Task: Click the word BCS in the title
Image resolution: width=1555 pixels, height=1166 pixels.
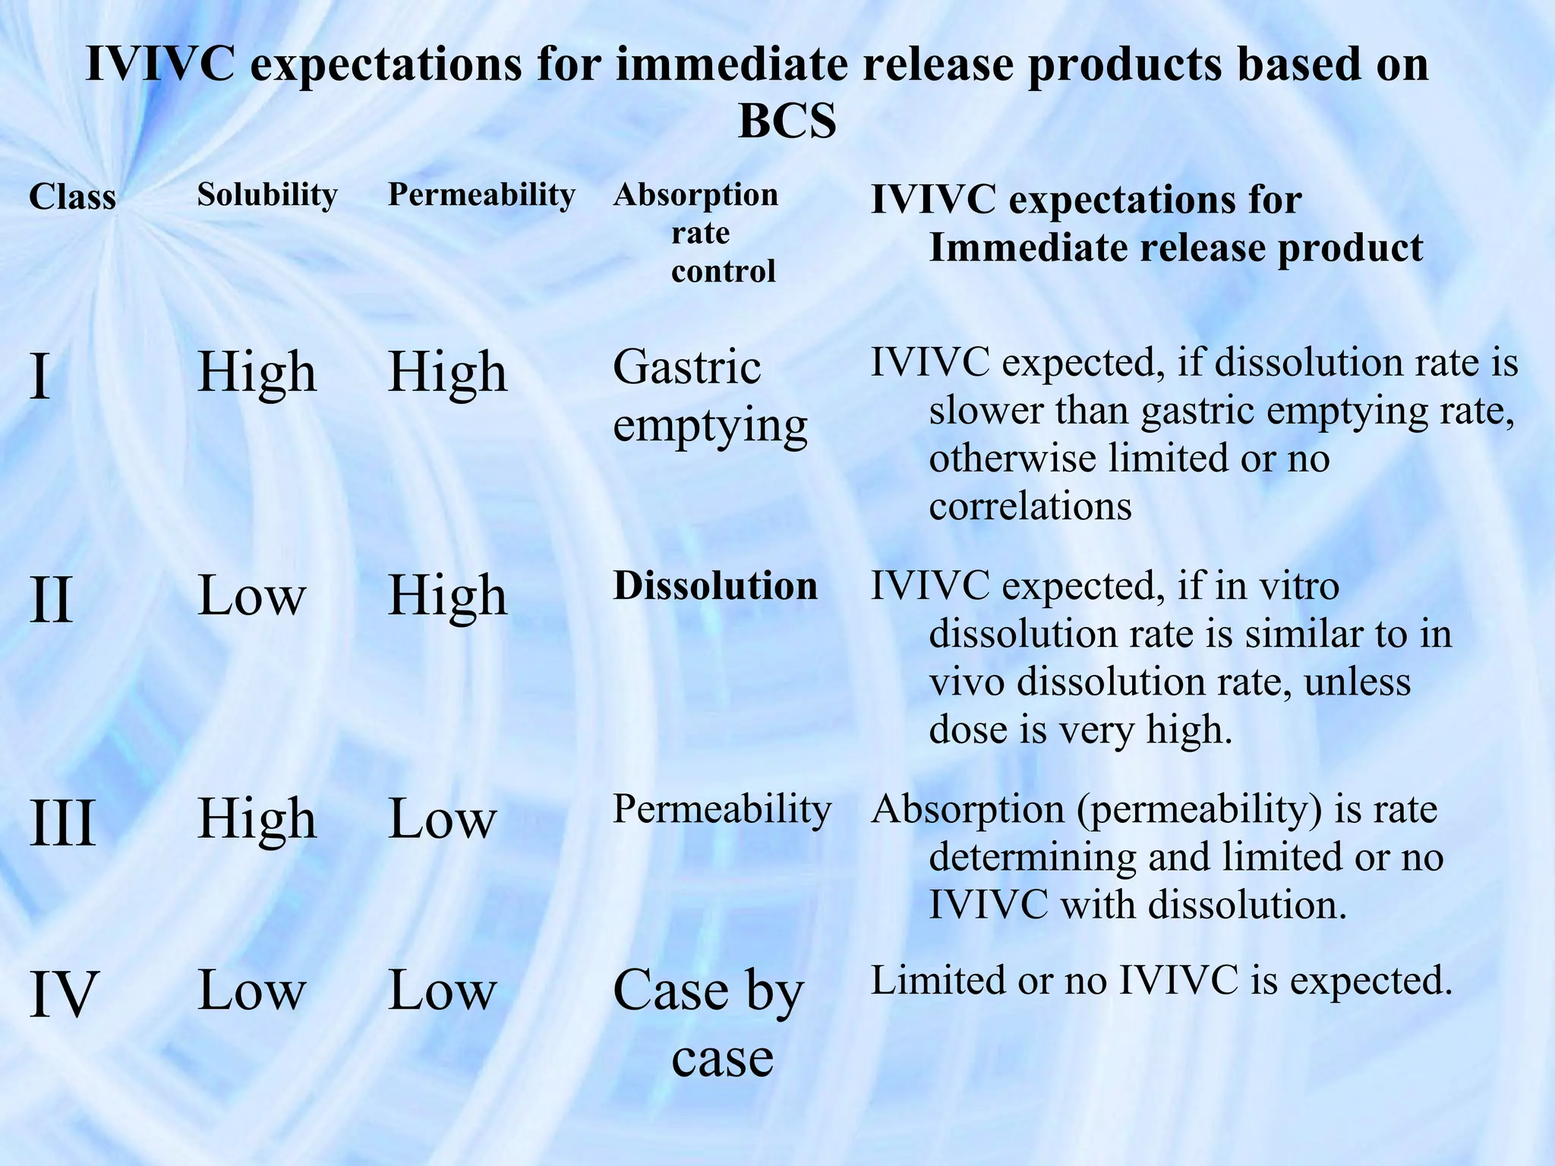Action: [x=787, y=121]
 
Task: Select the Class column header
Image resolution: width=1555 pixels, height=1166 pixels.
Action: [x=72, y=197]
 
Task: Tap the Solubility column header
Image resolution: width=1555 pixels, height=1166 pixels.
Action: [x=267, y=195]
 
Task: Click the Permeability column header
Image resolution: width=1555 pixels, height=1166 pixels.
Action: [x=481, y=195]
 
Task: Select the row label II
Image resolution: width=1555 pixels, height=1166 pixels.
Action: [x=51, y=600]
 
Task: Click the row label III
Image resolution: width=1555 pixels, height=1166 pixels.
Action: [x=62, y=823]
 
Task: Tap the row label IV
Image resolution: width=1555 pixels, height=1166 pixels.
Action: [x=64, y=994]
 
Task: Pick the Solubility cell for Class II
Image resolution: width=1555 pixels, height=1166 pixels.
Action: [x=251, y=597]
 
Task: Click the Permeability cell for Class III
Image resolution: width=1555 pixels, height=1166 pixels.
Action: [x=442, y=820]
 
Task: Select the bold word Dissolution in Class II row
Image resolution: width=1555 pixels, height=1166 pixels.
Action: [x=715, y=586]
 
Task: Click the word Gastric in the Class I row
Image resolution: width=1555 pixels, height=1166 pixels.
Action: [x=686, y=368]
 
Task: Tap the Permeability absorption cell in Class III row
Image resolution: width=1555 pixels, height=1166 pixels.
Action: [x=721, y=809]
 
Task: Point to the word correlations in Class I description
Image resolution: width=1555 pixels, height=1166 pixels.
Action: [x=1030, y=506]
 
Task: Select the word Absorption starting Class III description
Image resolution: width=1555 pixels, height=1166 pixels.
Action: [x=967, y=809]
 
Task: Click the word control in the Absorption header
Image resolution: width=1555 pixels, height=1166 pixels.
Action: [x=723, y=271]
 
